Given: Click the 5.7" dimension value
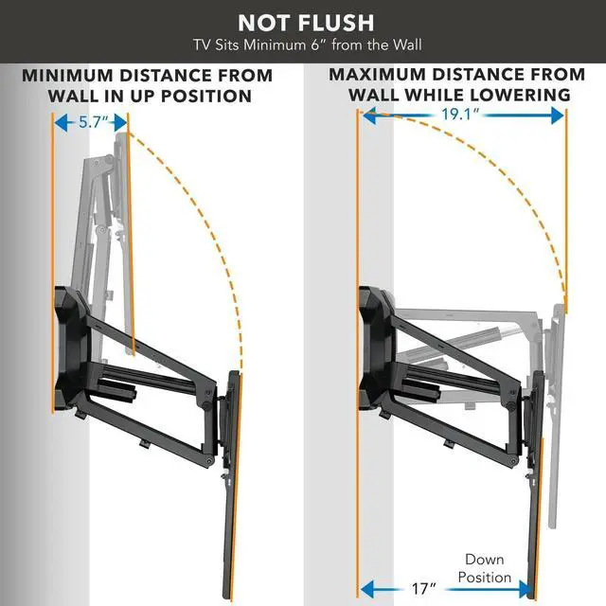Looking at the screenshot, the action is click(93, 122).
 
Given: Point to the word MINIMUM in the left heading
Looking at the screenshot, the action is click(72, 75).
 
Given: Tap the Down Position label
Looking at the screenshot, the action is click(488, 568).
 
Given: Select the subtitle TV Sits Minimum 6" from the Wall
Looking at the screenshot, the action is click(305, 44).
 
